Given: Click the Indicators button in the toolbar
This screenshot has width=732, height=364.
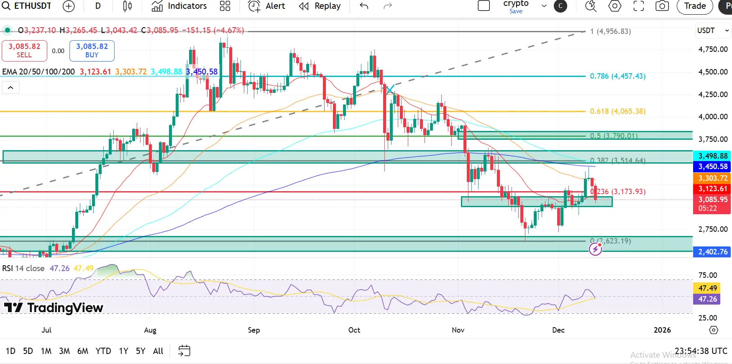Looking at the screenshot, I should point(179,6).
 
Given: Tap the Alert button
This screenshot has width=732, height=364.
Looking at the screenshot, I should point(266,6).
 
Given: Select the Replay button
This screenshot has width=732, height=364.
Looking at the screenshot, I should point(320,6).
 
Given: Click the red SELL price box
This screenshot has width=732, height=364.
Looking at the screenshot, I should point(24,51).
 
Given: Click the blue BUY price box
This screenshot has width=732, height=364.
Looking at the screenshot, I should point(92,51).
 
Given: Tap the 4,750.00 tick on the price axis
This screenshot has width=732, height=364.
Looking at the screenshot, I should point(713,49).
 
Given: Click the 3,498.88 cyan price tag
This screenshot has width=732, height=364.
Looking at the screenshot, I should point(713,156).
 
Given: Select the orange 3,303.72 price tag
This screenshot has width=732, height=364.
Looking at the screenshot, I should point(713,178).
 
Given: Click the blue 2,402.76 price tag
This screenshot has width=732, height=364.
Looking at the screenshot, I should point(713,252).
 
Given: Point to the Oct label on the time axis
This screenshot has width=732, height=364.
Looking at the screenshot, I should point(354,330).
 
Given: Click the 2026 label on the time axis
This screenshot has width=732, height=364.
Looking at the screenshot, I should point(662,330).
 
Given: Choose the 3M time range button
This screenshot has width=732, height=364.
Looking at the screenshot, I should point(64,351).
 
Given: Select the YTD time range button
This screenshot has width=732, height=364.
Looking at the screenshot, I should point(103,351).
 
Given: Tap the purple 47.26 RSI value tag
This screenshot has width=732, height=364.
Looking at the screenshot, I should point(707,299).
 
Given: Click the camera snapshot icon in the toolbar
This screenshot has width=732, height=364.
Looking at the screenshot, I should point(662,6).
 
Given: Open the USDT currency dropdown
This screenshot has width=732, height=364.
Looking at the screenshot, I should point(713,31).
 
